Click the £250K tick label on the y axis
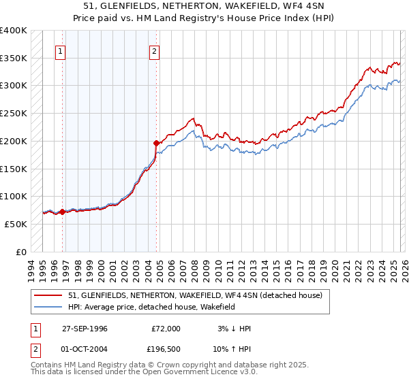pyautogui.click(x=13, y=113)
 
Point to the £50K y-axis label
pyautogui.click(x=15, y=224)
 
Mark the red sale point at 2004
pyautogui.click(x=157, y=143)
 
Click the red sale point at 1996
pyautogui.click(x=63, y=212)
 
